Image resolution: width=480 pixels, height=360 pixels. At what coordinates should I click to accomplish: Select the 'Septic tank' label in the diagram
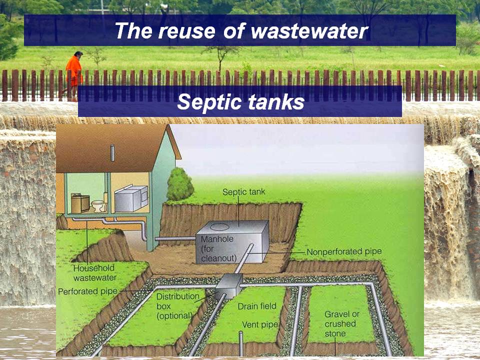[243, 192]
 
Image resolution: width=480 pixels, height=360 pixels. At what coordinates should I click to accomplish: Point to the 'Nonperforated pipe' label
[344, 251]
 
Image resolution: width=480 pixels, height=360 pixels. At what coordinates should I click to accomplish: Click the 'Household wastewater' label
[95, 273]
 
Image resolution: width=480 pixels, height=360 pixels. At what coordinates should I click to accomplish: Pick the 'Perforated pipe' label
[88, 291]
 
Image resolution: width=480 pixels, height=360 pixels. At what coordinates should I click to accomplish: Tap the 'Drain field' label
[257, 306]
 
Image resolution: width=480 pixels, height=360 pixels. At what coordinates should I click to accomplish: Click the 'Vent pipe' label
[260, 324]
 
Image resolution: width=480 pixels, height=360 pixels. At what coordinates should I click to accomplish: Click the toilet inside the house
[98, 206]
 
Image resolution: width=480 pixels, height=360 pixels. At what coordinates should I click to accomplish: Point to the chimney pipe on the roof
[112, 153]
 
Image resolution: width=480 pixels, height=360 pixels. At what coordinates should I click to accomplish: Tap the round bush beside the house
[179, 184]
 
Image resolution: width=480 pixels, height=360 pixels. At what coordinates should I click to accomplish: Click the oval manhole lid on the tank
[219, 227]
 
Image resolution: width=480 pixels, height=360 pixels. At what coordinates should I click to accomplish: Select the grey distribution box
[228, 286]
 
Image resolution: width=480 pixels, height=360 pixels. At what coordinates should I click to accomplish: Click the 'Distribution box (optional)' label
[177, 306]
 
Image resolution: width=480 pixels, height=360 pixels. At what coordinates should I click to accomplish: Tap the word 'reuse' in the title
[186, 31]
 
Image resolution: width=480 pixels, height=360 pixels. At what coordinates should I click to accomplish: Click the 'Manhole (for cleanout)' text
[218, 248]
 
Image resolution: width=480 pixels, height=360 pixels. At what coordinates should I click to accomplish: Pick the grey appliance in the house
[131, 198]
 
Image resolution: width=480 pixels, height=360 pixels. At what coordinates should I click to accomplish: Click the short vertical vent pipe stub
[241, 343]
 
